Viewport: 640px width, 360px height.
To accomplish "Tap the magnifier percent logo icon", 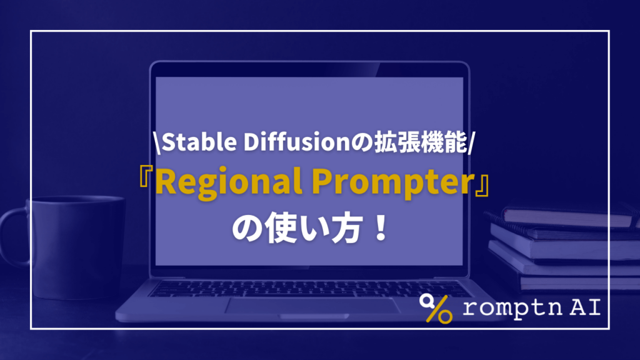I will (436, 307).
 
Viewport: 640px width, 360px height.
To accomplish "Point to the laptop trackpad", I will (312, 306).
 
